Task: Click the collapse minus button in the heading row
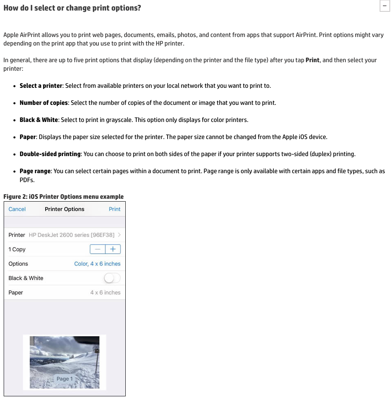(384, 6)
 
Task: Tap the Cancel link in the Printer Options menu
(17, 209)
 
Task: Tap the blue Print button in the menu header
(114, 209)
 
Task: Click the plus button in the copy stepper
(113, 249)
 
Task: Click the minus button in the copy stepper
(98, 249)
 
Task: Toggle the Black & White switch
(112, 278)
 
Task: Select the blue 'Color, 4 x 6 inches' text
(97, 264)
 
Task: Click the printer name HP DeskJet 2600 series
(72, 235)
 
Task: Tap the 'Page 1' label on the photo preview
(65, 379)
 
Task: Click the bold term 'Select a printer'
(41, 86)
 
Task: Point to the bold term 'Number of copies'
(44, 103)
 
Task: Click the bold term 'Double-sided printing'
(50, 154)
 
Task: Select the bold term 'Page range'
(35, 171)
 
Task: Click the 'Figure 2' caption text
(63, 197)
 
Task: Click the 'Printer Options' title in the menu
(65, 209)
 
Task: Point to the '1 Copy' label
(17, 249)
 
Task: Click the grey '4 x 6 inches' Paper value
(105, 293)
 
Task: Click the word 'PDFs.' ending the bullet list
(27, 180)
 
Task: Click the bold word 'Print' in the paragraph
(312, 60)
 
